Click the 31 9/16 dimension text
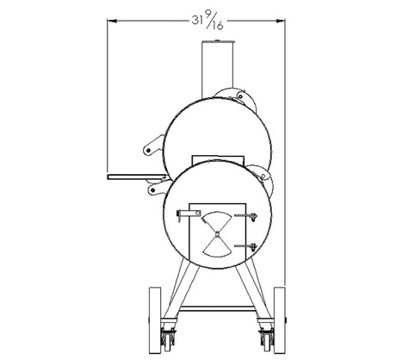click(x=207, y=22)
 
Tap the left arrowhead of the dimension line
click(x=112, y=21)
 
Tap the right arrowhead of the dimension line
click(x=281, y=21)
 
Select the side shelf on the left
click(x=137, y=177)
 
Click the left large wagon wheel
click(x=155, y=320)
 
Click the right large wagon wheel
click(x=279, y=320)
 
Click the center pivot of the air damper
click(x=217, y=234)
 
